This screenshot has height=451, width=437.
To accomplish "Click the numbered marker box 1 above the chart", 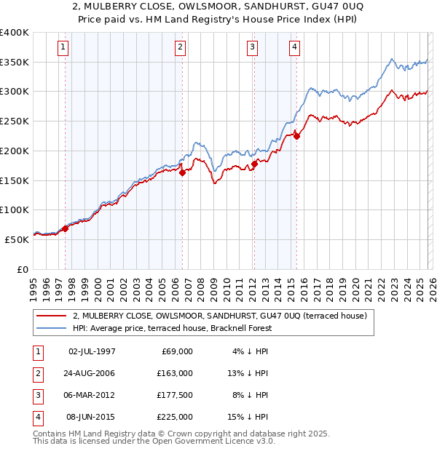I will (x=63, y=48).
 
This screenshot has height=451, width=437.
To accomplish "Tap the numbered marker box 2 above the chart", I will (x=180, y=48).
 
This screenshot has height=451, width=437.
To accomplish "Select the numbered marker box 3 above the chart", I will (x=252, y=48).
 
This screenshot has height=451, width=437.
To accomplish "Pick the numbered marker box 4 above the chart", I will (x=294, y=48).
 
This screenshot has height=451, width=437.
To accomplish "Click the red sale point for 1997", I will (x=65, y=228).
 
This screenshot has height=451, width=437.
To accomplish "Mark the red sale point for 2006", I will (x=182, y=172).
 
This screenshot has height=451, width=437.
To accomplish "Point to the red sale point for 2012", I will (x=254, y=164).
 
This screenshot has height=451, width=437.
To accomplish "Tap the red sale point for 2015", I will (x=296, y=135).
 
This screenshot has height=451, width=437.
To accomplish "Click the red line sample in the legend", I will (x=52, y=316).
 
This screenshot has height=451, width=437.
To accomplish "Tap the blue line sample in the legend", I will (x=52, y=328).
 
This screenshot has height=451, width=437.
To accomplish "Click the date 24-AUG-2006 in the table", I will (x=92, y=373).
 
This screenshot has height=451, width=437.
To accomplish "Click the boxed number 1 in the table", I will (x=36, y=351).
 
